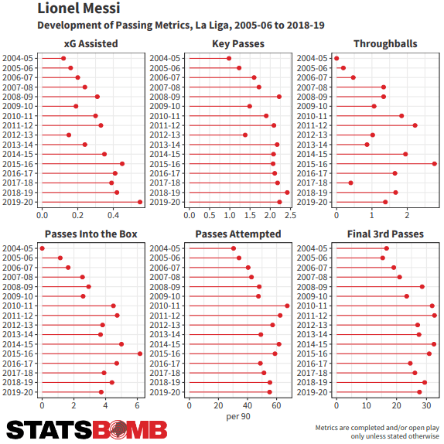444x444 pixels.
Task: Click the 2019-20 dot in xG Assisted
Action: point(140,202)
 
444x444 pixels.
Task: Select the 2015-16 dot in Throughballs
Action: point(435,164)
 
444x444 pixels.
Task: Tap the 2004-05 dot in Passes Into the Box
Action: point(43,248)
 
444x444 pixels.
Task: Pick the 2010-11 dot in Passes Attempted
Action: point(287,306)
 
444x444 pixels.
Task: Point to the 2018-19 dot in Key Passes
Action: point(287,193)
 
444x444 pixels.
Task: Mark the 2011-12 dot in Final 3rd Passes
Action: point(435,316)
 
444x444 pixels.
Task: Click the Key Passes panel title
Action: point(238,44)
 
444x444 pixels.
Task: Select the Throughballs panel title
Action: point(385,44)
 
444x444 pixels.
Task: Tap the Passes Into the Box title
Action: point(91,234)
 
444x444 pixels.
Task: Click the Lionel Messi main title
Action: point(79,9)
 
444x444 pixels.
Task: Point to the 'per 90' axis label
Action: point(238,416)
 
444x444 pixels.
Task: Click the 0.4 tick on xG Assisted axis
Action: point(113,216)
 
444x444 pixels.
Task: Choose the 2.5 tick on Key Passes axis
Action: point(290,216)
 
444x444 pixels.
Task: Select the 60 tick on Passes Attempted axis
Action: point(276,406)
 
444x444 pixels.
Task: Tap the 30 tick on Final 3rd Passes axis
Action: point(426,406)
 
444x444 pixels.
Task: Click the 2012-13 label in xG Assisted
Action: point(18,135)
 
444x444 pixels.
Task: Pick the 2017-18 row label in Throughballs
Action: point(312,183)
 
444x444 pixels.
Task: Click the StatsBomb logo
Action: point(87,430)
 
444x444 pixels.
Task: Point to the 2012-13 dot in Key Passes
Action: point(245,135)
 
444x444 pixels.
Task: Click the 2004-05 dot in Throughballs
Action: point(336,58)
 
